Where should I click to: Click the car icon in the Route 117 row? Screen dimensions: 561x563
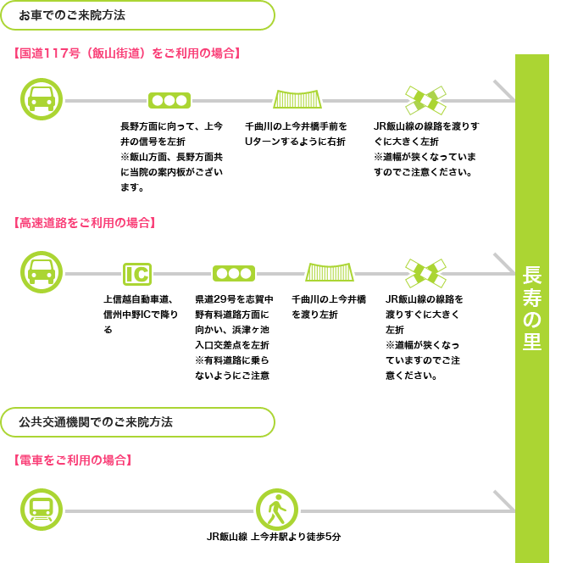coord(42,99)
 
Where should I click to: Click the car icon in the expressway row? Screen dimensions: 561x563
coord(42,272)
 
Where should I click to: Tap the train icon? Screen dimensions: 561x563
coord(42,510)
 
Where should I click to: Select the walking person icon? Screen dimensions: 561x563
coord(277,510)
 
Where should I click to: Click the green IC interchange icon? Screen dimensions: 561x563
coord(137,274)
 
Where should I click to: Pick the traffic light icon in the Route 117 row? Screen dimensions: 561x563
coord(169,101)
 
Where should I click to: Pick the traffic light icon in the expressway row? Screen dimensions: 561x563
coord(234,274)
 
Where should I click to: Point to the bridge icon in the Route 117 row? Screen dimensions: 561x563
coord(297,99)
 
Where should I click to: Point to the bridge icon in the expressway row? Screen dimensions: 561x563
coord(330,272)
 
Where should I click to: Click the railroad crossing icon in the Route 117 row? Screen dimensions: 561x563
coord(425,100)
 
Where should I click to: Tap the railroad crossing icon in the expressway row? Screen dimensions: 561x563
coord(425,273)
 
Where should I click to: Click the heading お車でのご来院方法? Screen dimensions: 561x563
coord(72,15)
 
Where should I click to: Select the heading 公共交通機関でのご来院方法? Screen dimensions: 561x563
coord(96,422)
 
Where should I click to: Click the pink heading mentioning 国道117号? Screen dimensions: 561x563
coord(127,53)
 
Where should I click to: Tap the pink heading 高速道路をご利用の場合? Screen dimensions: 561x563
coord(85,223)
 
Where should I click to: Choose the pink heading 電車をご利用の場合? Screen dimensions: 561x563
coord(73,460)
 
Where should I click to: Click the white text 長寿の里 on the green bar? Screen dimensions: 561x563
coord(532,309)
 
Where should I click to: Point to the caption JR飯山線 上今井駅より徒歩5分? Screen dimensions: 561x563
coord(274,537)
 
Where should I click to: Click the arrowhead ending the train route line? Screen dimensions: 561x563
coord(505,501)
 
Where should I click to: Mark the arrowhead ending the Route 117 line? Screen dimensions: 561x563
coord(505,91)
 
